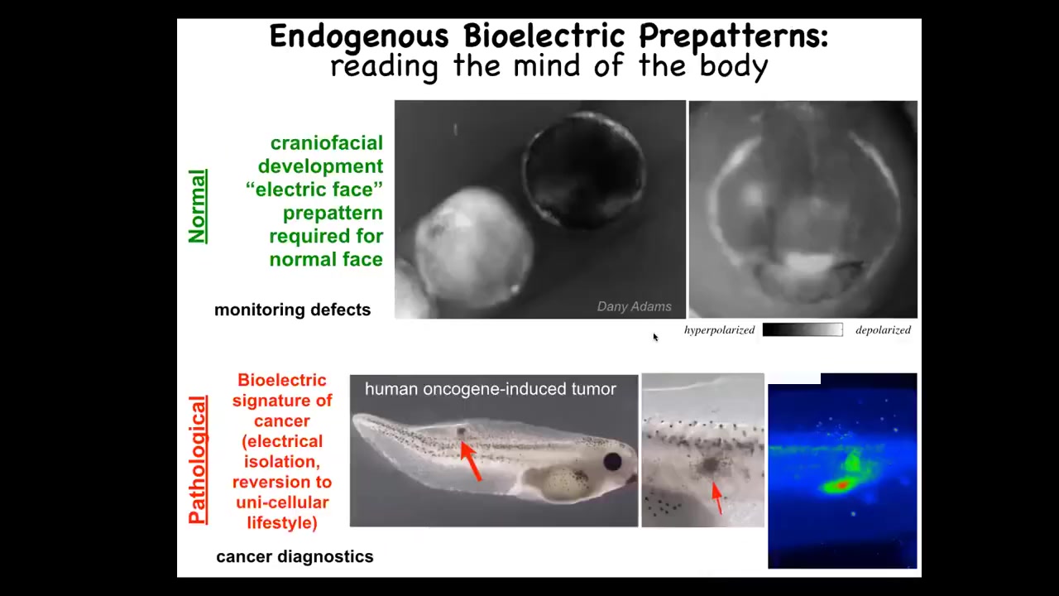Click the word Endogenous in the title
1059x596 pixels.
359,36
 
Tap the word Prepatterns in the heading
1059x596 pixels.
733,36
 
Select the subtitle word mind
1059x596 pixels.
547,65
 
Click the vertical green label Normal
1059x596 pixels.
197,206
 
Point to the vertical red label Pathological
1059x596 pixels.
198,459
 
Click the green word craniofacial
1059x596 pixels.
326,143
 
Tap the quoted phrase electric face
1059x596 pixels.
314,190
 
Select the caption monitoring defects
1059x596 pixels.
293,310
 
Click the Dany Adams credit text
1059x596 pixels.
634,306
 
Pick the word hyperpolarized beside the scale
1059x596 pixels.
719,330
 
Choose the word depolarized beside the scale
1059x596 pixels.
883,330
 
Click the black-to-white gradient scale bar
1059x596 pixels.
803,329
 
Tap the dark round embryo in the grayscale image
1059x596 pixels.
585,170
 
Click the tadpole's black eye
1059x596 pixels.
612,461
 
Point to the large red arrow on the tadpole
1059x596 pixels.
471,461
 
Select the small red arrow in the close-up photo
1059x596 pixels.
717,497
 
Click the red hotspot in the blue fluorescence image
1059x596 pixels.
841,485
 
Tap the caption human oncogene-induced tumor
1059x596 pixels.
491,389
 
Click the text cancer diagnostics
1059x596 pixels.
295,557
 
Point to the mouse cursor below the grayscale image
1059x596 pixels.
655,337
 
